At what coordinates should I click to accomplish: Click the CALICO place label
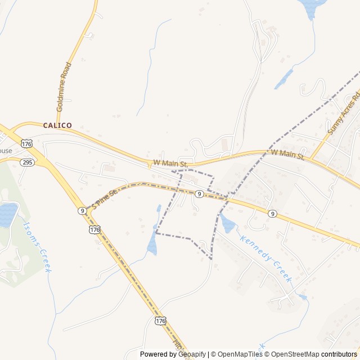click(57, 125)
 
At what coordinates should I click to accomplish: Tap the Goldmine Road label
click(65, 86)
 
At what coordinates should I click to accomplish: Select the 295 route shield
click(26, 162)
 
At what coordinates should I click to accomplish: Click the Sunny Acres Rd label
click(343, 115)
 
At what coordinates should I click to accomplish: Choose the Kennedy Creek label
click(266, 258)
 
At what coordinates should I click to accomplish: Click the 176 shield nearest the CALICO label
click(26, 143)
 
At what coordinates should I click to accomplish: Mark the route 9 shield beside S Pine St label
click(82, 211)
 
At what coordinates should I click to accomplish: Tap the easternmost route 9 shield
click(272, 214)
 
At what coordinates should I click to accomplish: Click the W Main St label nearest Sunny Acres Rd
click(287, 154)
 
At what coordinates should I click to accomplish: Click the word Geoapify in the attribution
click(192, 354)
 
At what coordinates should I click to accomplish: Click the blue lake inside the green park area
click(8, 214)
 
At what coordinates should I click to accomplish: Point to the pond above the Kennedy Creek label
click(228, 224)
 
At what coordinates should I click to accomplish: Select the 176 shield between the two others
click(95, 230)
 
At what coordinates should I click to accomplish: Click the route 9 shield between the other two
click(199, 193)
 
